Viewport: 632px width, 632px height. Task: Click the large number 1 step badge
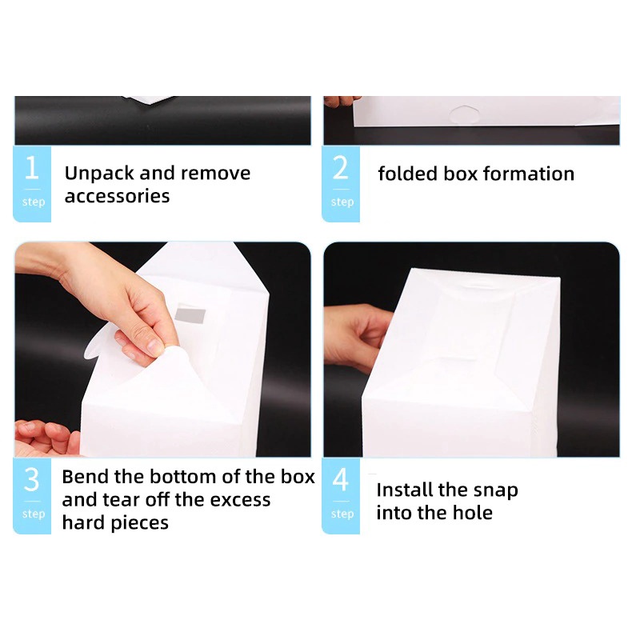(32, 184)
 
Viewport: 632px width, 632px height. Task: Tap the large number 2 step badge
(341, 184)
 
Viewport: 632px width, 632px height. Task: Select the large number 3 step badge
(32, 496)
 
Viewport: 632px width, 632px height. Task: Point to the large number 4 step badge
(341, 496)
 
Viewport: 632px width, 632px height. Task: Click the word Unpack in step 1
(99, 174)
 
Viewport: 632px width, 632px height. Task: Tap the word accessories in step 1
(118, 196)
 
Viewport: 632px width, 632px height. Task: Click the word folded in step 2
(407, 174)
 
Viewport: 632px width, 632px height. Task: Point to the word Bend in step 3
(85, 477)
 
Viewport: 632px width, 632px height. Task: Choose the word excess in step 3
(240, 500)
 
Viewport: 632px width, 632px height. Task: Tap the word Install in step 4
(405, 490)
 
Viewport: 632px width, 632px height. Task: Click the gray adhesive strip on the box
(190, 315)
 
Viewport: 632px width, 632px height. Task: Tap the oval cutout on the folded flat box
(464, 114)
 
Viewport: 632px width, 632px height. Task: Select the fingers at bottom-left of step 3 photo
(47, 438)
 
